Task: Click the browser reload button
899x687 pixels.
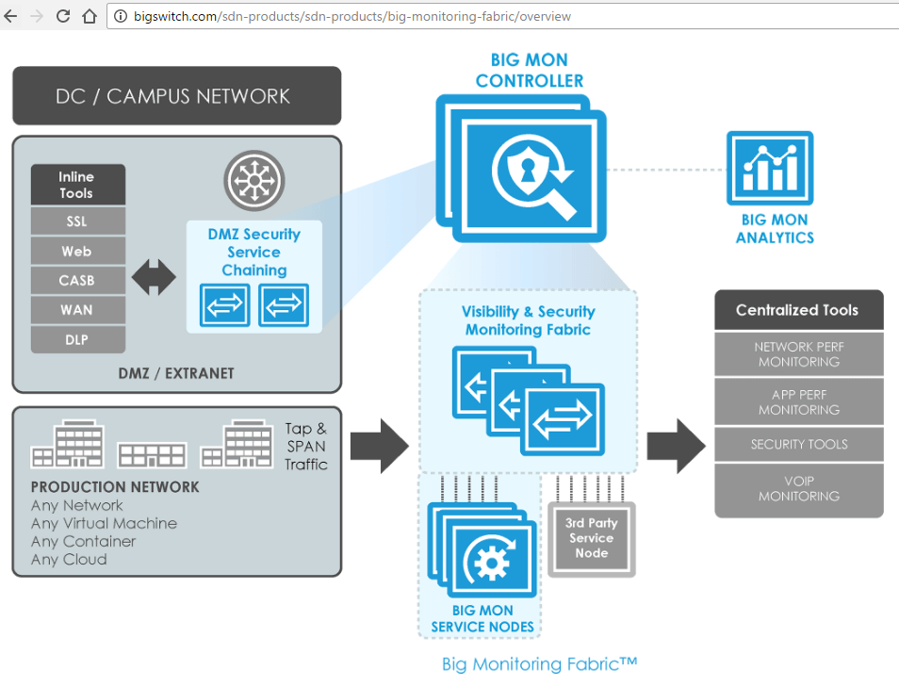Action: [x=63, y=16]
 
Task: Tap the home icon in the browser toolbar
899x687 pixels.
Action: [x=90, y=16]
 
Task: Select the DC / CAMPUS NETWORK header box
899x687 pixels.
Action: [x=176, y=96]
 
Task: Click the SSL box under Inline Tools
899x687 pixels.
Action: [x=77, y=222]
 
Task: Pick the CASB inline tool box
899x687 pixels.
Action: [x=77, y=281]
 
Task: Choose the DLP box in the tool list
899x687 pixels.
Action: [x=77, y=338]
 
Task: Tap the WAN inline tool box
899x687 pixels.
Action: [x=77, y=310]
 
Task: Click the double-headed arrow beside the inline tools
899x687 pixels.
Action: [x=153, y=277]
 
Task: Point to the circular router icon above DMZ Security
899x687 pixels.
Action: [x=253, y=179]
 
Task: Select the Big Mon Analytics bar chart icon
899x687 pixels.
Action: [x=769, y=169]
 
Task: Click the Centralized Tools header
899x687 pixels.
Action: [x=798, y=310]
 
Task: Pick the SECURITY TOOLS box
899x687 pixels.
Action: [x=798, y=444]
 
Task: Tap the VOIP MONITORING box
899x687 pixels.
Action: [x=798, y=489]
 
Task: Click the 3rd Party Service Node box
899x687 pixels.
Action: [x=591, y=539]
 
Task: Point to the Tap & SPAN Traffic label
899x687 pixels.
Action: [x=306, y=447]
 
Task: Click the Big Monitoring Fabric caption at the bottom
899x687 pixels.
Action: [x=539, y=664]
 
